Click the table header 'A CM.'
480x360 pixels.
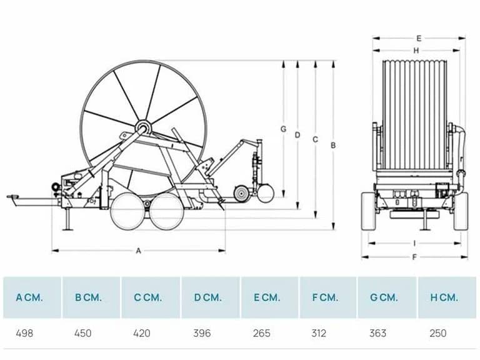29,297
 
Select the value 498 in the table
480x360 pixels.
24,333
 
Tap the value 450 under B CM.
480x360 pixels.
83,333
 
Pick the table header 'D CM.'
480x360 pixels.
207,297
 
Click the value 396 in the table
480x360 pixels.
202,333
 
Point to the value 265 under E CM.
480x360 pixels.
262,333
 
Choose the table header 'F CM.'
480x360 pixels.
325,297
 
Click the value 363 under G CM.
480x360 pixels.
377,333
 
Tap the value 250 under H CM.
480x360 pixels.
438,333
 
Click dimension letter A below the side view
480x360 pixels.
138,251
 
